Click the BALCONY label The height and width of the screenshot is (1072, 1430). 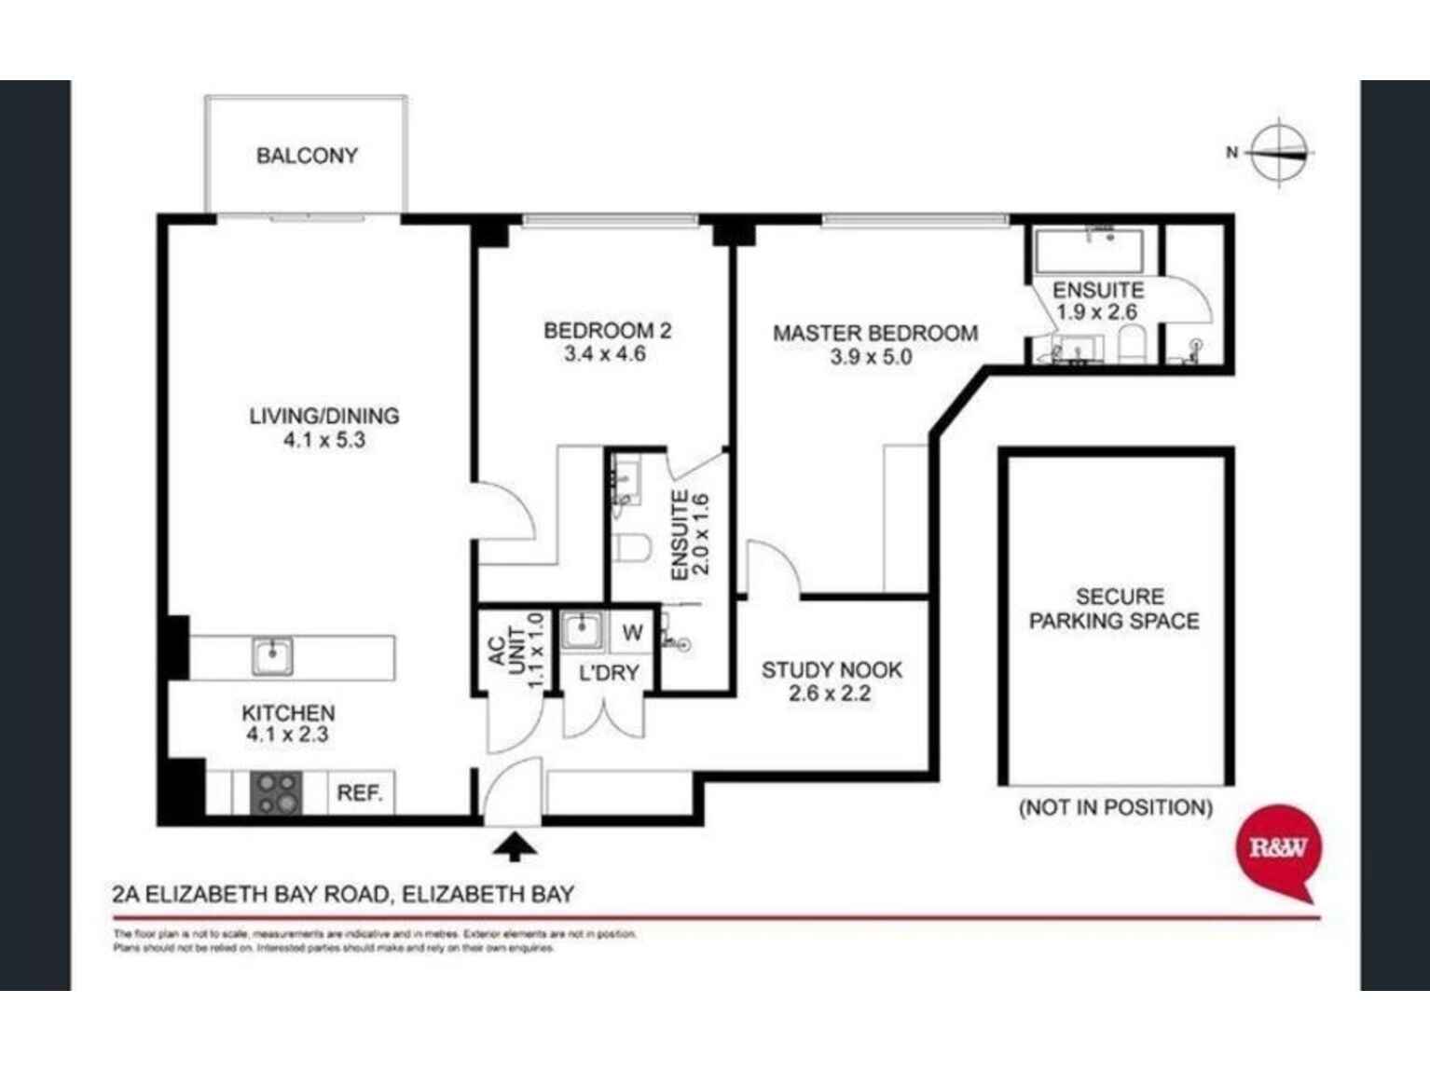pyautogui.click(x=307, y=156)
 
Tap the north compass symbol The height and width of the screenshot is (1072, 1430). pyautogui.click(x=1279, y=152)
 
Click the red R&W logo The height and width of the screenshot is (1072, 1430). pyautogui.click(x=1278, y=848)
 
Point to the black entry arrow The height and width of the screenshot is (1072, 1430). pyautogui.click(x=514, y=845)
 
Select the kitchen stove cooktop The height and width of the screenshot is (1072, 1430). pyautogui.click(x=277, y=792)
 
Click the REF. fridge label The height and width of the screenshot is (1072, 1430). pyautogui.click(x=359, y=793)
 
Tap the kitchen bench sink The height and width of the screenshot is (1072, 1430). pyautogui.click(x=272, y=655)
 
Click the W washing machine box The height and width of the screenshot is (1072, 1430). pyautogui.click(x=632, y=633)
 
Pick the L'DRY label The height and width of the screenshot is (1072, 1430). pyautogui.click(x=609, y=672)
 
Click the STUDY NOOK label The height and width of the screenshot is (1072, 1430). pyautogui.click(x=832, y=669)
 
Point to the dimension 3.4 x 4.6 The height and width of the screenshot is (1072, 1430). pyautogui.click(x=605, y=354)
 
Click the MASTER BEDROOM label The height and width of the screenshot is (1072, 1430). pyautogui.click(x=874, y=333)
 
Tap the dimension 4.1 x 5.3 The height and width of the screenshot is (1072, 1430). pyautogui.click(x=323, y=440)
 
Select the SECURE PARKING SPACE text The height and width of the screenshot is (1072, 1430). pyautogui.click(x=1115, y=609)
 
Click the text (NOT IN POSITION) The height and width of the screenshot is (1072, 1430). pyautogui.click(x=1115, y=807)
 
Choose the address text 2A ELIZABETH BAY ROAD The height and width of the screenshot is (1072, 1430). pyautogui.click(x=250, y=895)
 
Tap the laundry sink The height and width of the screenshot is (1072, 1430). pyautogui.click(x=583, y=630)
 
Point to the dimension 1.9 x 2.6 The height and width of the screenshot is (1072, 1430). pyautogui.click(x=1096, y=312)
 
